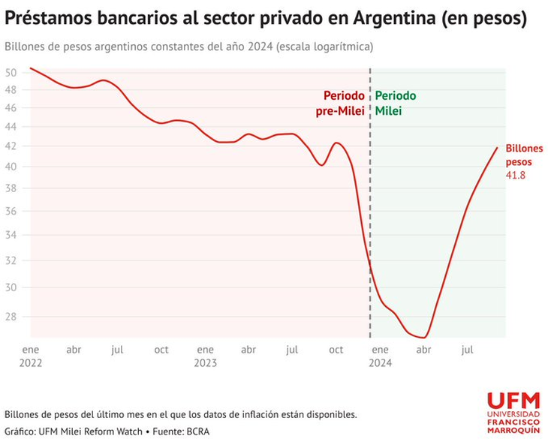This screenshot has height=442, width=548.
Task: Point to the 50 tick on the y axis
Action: (x=11, y=73)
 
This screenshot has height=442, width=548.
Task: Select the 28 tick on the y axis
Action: (x=11, y=316)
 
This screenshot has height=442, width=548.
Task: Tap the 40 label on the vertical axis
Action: (x=11, y=167)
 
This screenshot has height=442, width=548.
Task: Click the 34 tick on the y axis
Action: (x=11, y=235)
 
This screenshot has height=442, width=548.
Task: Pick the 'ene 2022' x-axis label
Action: (x=30, y=356)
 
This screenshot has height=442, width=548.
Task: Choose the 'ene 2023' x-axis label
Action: (x=205, y=356)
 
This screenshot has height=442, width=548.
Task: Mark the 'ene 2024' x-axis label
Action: (x=381, y=356)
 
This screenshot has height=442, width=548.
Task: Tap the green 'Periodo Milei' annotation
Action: (x=396, y=104)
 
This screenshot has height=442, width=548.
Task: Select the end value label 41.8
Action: (x=515, y=175)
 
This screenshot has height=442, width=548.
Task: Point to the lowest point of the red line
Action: (x=423, y=338)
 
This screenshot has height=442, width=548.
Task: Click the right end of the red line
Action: (x=497, y=147)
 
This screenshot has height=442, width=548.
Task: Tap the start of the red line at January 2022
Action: (x=30, y=68)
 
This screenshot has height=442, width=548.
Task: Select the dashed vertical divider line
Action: (x=370, y=225)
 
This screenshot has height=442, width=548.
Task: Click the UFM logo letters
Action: (x=513, y=401)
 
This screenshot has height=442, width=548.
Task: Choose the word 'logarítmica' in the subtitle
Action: (x=345, y=47)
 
